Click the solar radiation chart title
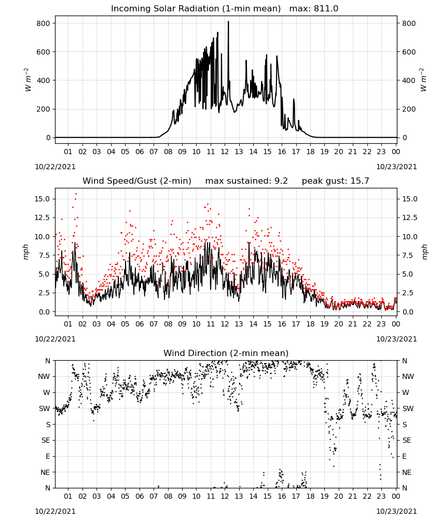click(x=196, y=9)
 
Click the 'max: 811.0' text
click(x=314, y=9)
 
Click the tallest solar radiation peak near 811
click(x=228, y=22)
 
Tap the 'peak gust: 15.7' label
click(x=335, y=181)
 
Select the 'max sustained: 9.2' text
click(x=246, y=181)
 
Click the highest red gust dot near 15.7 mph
click(x=76, y=194)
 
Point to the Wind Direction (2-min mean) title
click(x=226, y=353)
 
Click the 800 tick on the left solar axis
click(x=44, y=23)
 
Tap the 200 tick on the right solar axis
click(x=409, y=109)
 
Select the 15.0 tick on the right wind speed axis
click(x=409, y=199)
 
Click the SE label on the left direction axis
click(x=46, y=441)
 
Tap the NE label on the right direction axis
click(x=407, y=473)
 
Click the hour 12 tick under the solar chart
click(x=225, y=152)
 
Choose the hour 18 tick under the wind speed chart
click(x=310, y=324)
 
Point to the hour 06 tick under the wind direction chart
click(x=140, y=497)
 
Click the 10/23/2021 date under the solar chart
click(x=396, y=167)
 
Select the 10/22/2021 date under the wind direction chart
click(x=55, y=511)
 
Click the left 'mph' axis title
click(x=26, y=252)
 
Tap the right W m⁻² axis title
click(x=423, y=80)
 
